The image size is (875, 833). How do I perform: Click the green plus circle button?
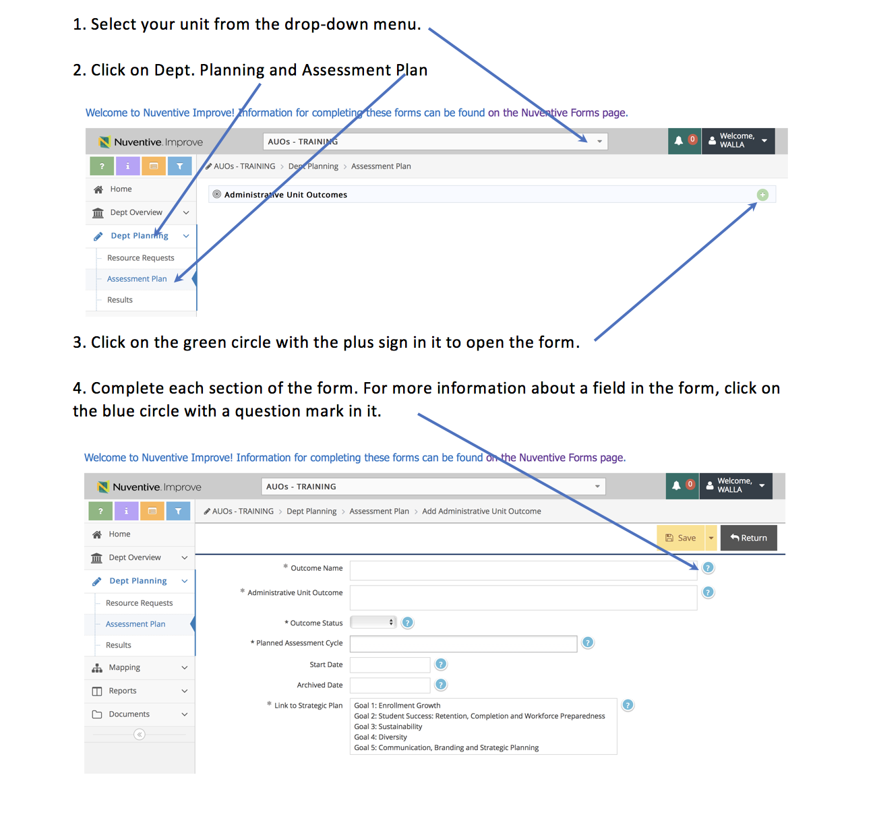(x=762, y=195)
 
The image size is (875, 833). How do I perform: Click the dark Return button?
(x=748, y=538)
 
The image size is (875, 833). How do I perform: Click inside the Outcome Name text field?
(x=523, y=570)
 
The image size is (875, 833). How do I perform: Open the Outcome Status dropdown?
(x=373, y=622)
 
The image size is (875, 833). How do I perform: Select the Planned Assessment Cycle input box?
(x=463, y=644)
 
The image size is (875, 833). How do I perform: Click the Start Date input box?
(x=390, y=665)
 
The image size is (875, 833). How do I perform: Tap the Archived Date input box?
(x=390, y=685)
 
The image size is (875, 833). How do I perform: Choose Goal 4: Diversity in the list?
(x=380, y=737)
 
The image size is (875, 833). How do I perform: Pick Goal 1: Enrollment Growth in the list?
(x=397, y=706)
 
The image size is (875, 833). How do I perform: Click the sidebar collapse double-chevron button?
(x=140, y=734)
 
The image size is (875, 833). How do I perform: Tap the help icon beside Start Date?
(x=441, y=665)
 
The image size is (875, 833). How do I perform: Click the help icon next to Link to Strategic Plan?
(x=628, y=705)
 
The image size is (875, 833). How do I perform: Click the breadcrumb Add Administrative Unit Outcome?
(x=481, y=512)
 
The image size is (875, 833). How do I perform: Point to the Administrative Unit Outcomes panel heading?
(x=285, y=195)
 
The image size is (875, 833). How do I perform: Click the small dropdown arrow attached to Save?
(x=711, y=538)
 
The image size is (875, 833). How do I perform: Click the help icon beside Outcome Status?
(x=406, y=623)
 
